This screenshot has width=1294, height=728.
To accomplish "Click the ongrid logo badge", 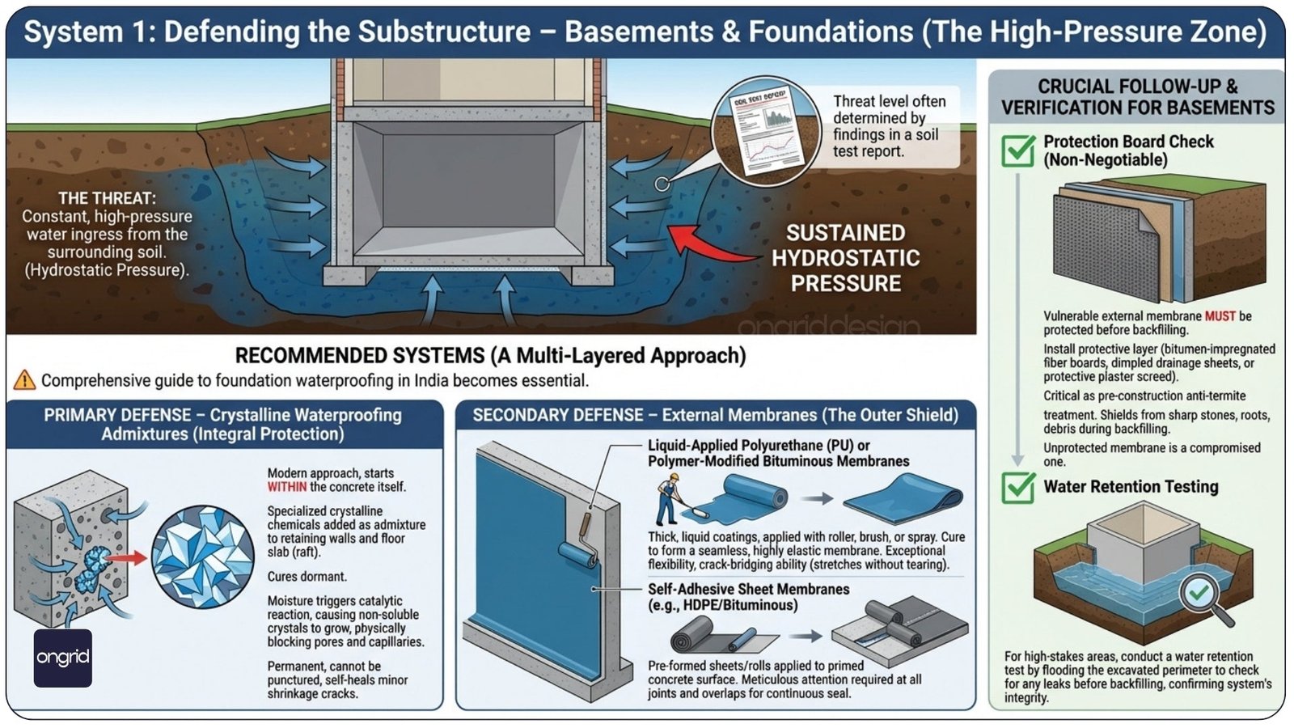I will (x=62, y=658).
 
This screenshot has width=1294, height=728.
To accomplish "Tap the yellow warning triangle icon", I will (x=24, y=379).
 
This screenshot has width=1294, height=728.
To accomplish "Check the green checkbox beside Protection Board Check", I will (x=1017, y=150).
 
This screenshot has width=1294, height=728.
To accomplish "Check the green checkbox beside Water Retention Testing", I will (x=1017, y=487).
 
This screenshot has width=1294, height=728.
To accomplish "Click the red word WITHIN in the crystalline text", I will (x=287, y=487).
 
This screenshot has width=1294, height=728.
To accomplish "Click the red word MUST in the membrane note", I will (x=1220, y=316).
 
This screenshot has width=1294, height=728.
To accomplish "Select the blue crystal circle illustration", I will (x=203, y=557).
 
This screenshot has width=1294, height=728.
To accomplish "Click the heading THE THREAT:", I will (x=107, y=198).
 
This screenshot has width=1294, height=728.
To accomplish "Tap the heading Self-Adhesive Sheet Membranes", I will (x=748, y=589).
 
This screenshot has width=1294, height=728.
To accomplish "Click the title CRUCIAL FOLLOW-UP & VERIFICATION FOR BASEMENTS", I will (x=1137, y=97).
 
